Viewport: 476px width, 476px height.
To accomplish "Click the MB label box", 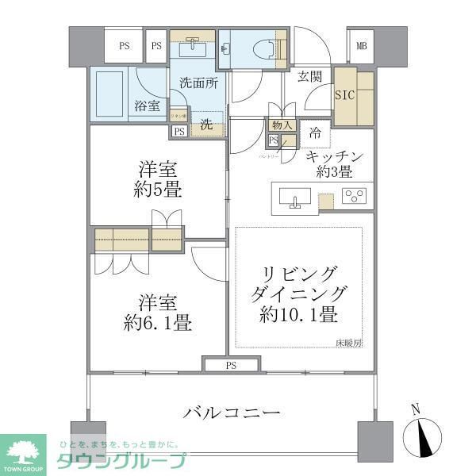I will (361, 46).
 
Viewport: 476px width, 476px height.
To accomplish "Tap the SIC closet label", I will (344, 94).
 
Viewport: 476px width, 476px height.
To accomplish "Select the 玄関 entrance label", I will (309, 77).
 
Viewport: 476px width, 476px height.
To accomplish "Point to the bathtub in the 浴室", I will (110, 94).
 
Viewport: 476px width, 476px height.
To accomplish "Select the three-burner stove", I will (354, 196).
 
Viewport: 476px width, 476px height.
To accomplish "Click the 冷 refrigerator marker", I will (315, 132).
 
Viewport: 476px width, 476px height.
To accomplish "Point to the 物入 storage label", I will (282, 125).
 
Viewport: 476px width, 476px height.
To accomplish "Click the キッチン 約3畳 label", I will (335, 163).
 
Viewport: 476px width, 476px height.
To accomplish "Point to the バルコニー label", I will (232, 413).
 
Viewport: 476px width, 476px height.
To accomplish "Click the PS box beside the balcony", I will (231, 365).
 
